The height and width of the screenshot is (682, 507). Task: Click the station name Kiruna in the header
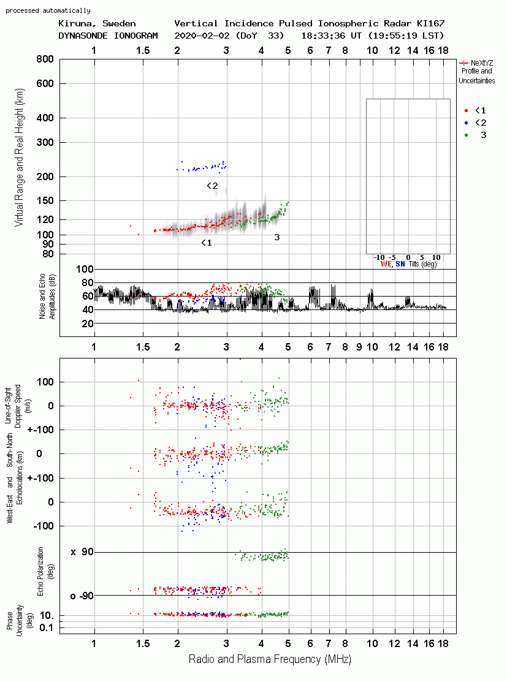tap(73, 23)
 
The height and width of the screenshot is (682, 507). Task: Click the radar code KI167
tap(431, 23)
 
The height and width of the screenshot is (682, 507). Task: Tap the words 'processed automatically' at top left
tap(48, 10)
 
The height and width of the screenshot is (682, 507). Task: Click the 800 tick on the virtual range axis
tap(45, 59)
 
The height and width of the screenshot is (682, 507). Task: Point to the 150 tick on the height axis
tap(45, 200)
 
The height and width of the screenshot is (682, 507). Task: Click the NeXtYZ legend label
tap(482, 63)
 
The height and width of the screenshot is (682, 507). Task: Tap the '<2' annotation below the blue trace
tap(212, 186)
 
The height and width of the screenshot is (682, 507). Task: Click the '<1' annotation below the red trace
tap(206, 243)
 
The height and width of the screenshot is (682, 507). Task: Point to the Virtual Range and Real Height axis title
tap(19, 157)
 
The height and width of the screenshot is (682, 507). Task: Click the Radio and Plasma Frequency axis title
tap(270, 659)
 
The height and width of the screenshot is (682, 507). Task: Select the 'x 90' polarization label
tap(82, 552)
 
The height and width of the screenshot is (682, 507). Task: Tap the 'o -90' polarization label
tap(82, 596)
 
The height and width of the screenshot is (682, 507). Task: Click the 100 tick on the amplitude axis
tap(85, 269)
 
